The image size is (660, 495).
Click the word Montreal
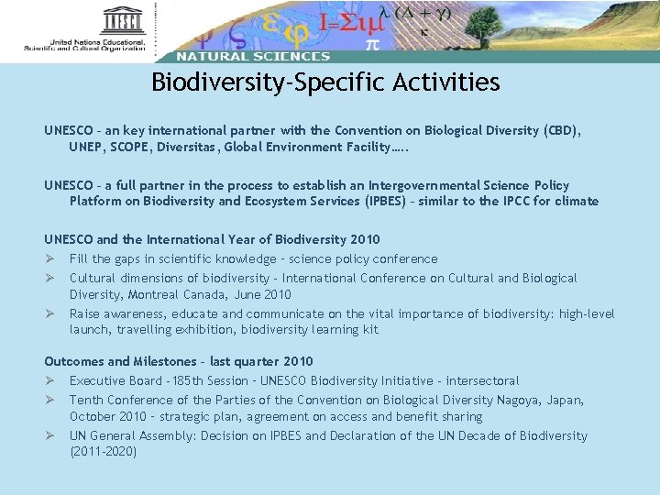click(150, 294)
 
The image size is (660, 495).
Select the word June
click(249, 294)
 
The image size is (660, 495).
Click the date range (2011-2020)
click(103, 452)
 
